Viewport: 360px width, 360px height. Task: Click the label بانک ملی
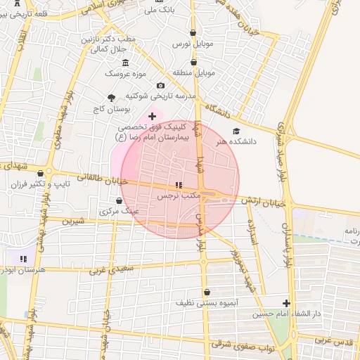158,10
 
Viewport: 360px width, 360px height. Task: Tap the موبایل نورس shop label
193,44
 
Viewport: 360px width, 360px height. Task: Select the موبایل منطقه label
193,72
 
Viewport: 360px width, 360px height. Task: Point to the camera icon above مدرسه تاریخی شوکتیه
161,85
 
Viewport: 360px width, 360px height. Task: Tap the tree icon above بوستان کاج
111,98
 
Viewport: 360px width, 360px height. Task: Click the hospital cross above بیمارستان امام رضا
152,115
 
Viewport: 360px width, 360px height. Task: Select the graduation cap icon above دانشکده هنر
236,131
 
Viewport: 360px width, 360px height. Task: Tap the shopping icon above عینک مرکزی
119,200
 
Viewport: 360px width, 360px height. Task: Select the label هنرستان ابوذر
22,269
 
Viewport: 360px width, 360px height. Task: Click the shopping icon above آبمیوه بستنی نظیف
206,292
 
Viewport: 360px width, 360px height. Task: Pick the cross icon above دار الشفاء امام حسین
285,303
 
